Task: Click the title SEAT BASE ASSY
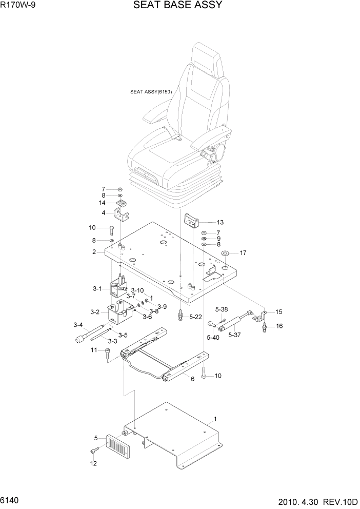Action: point(177,6)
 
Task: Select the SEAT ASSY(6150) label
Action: point(151,92)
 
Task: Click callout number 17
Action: point(244,252)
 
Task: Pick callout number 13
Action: point(221,223)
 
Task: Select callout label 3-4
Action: point(78,324)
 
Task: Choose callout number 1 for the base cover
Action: point(215,419)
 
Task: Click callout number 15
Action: point(279,312)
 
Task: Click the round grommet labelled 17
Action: point(225,253)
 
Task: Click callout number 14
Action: point(103,203)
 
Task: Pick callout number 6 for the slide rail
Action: point(192,380)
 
